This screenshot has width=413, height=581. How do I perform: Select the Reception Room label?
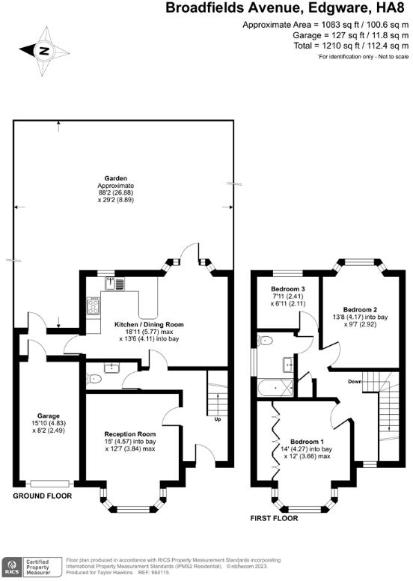130,434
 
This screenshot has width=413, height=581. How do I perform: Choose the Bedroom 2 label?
360,308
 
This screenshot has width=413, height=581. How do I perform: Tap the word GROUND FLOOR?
43,496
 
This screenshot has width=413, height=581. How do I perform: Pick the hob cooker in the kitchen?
94,305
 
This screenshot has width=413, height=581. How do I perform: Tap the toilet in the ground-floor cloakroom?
94,380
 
